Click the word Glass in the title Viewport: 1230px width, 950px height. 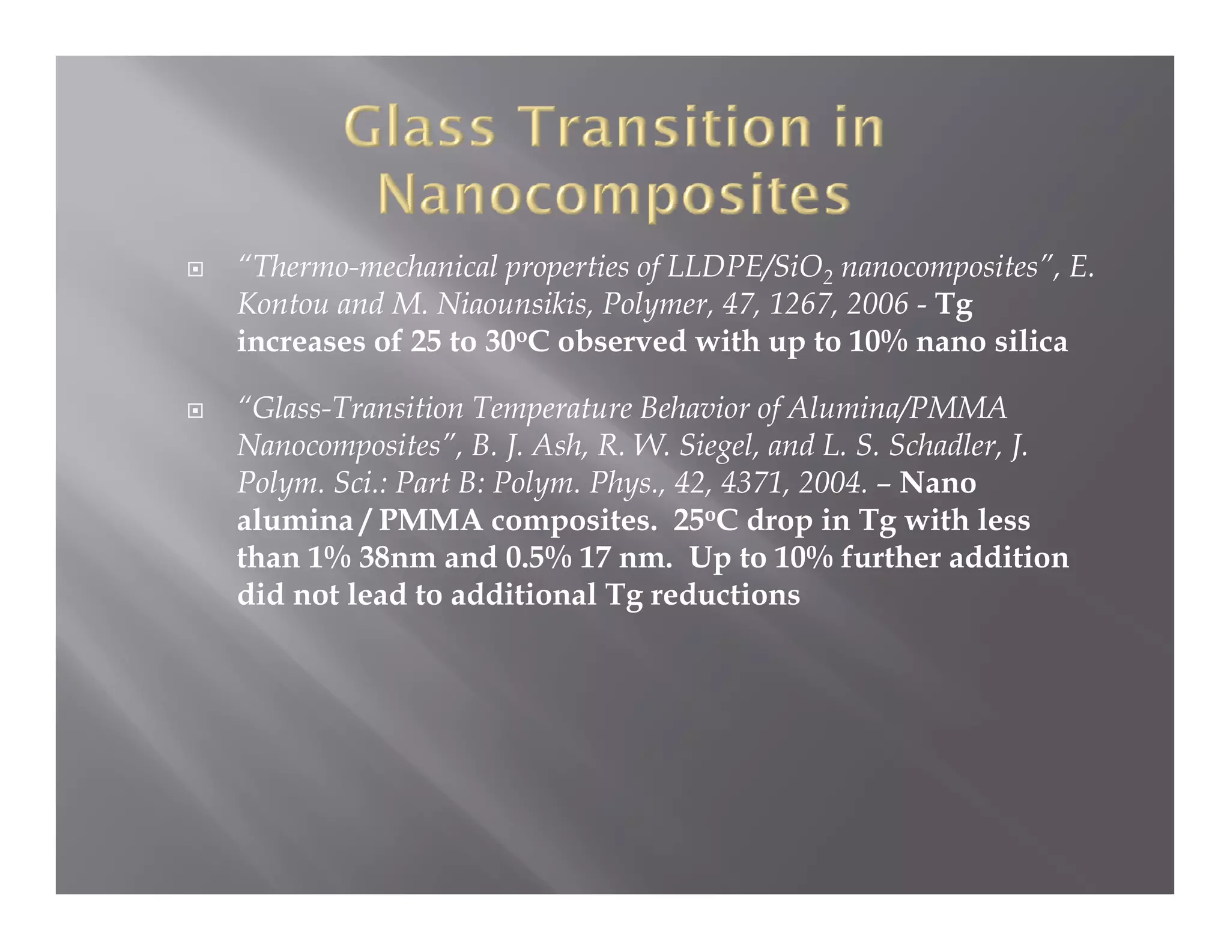(420, 127)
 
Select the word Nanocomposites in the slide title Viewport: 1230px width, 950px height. (614, 196)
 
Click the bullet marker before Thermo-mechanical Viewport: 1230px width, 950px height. (195, 269)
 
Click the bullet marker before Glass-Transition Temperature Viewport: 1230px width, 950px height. (195, 411)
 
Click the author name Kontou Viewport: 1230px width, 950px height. (283, 304)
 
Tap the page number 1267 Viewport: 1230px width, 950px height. (802, 304)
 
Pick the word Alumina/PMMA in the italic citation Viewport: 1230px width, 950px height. (897, 409)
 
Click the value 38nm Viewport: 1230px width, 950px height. (397, 558)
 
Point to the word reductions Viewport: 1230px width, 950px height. (725, 595)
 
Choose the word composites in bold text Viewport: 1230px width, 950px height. (574, 521)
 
